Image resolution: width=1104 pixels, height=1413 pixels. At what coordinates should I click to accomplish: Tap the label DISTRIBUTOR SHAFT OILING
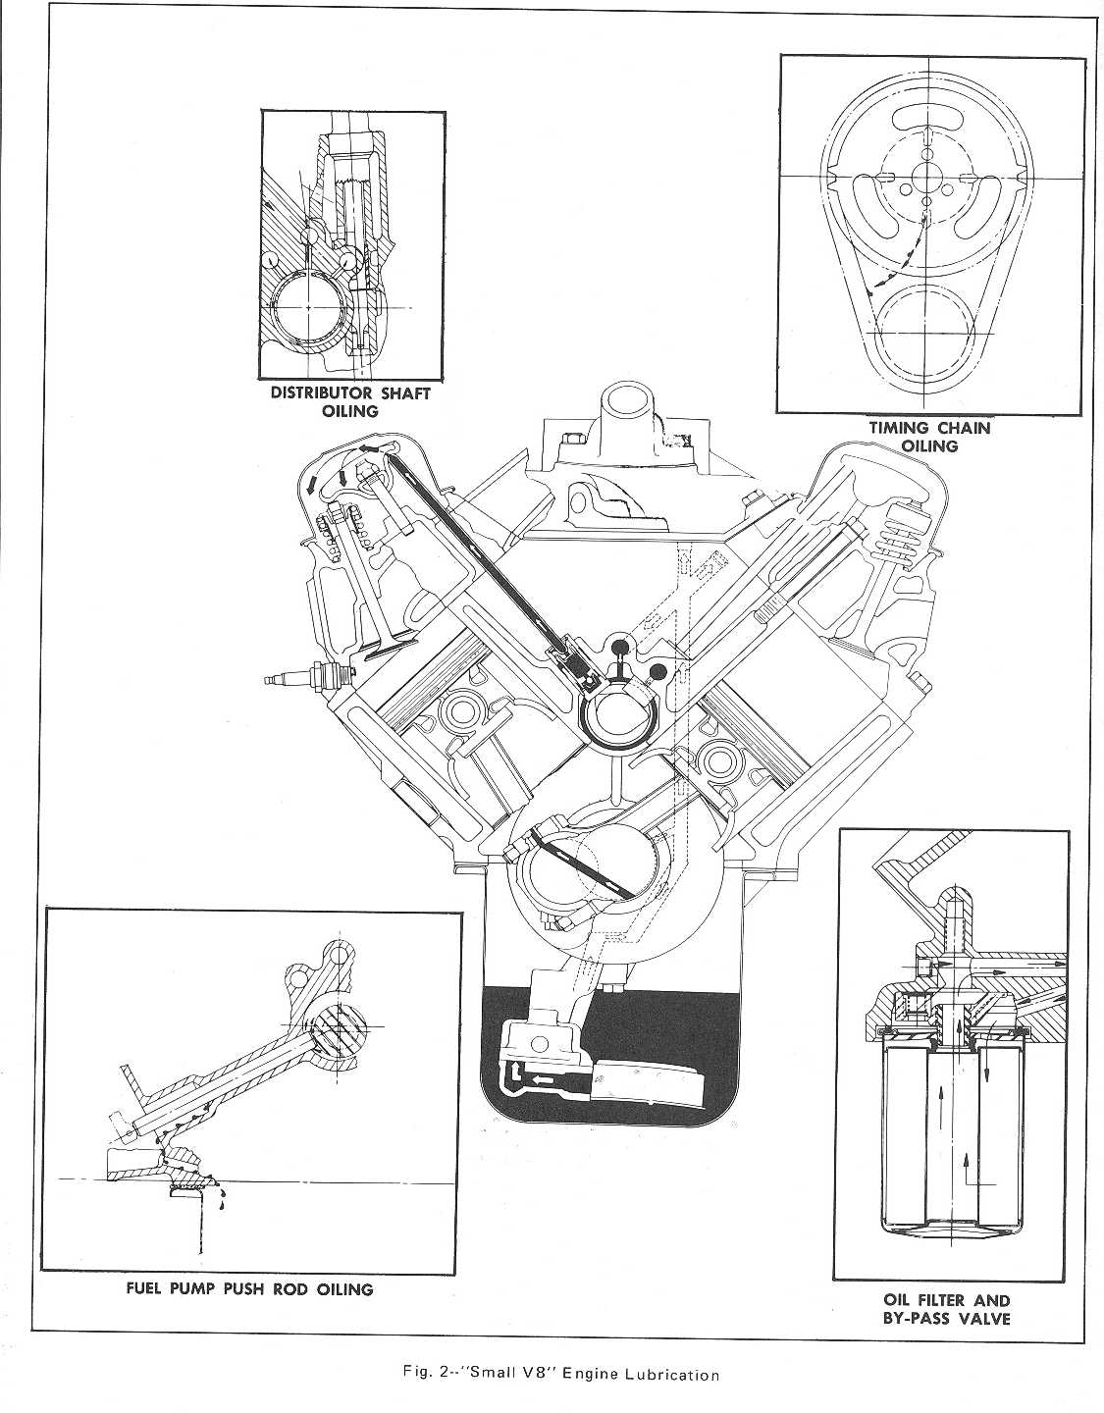(350, 401)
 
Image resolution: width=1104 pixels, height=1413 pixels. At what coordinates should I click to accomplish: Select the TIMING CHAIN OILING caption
(929, 436)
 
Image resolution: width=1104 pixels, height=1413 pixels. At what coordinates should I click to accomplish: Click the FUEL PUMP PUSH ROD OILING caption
(248, 1288)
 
